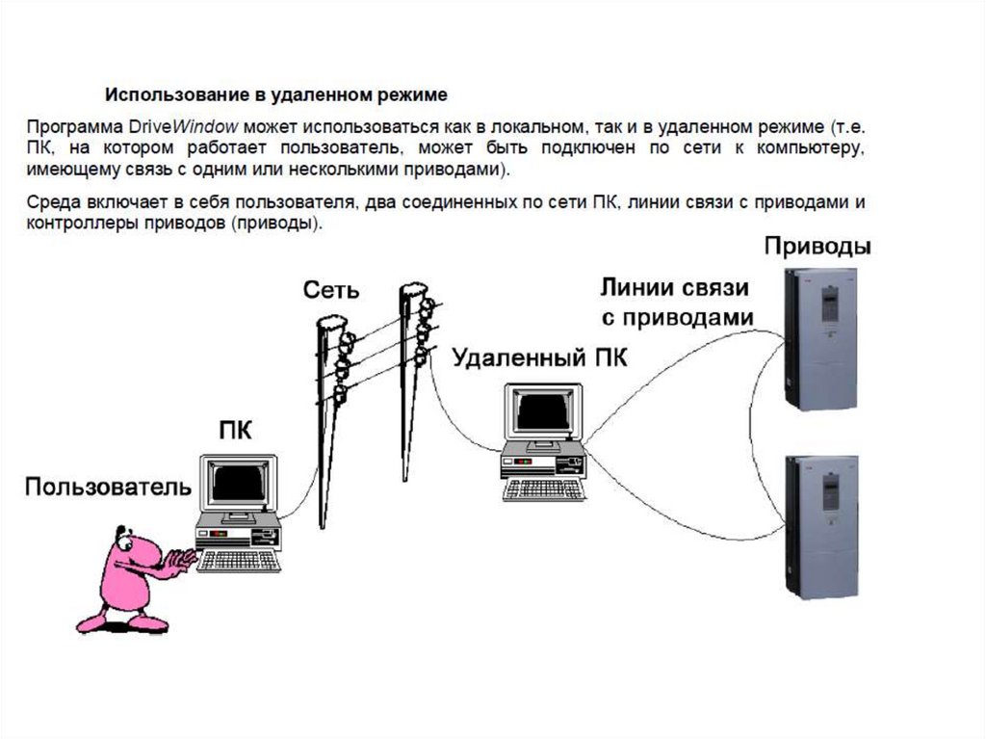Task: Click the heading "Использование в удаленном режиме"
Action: tap(276, 95)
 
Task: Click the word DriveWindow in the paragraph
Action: tap(184, 126)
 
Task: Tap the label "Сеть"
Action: tap(331, 290)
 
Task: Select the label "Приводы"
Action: tap(817, 247)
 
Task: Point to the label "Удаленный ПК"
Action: tap(539, 358)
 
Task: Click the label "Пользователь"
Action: tap(108, 487)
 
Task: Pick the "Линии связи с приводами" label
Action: tap(677, 303)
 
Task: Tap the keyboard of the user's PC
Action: tap(239, 560)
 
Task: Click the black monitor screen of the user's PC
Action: tap(239, 483)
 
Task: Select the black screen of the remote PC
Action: tap(543, 409)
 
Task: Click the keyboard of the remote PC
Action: tap(545, 489)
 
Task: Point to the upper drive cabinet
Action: tap(820, 339)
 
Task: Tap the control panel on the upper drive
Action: tap(830, 304)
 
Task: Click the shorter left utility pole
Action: tap(331, 422)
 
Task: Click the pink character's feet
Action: tap(122, 623)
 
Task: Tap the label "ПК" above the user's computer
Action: tap(236, 431)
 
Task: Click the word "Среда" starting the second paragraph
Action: tap(54, 202)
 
